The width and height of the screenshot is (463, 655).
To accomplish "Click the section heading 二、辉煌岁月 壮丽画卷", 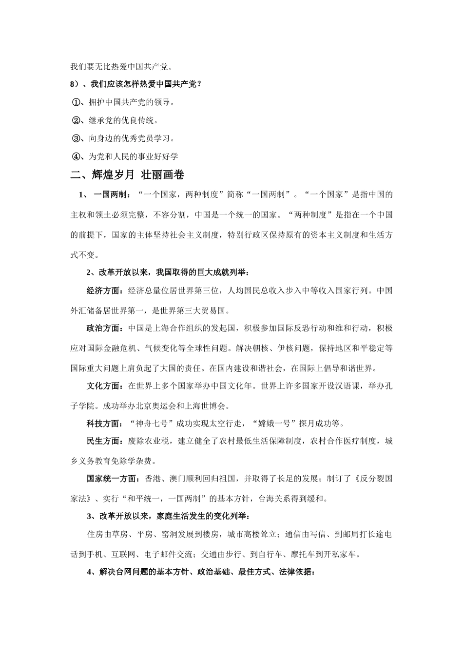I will coord(127,175).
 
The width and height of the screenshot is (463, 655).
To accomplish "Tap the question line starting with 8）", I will coord(136,84).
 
